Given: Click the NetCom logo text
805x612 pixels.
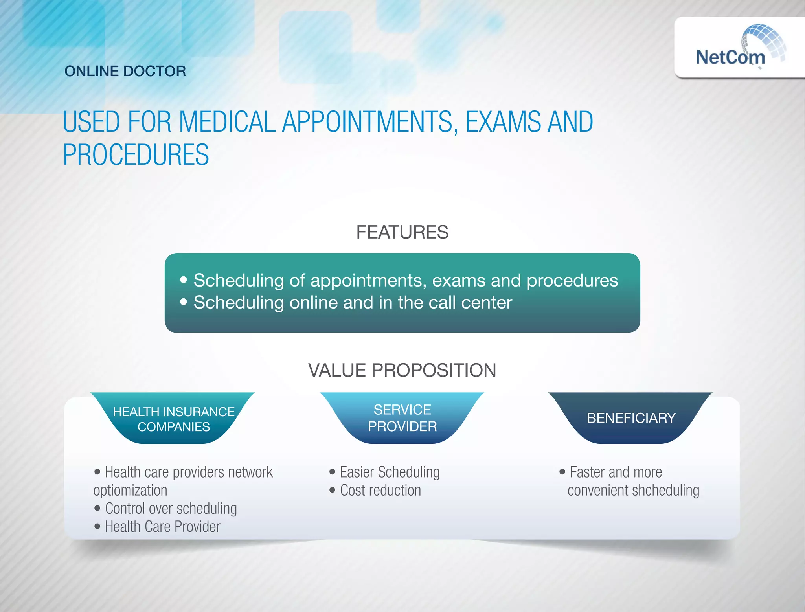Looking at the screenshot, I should click(730, 57).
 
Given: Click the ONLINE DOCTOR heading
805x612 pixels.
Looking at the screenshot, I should click(125, 71).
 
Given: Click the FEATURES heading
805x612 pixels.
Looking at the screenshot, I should click(402, 232).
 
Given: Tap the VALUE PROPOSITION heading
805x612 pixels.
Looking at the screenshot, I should click(402, 370).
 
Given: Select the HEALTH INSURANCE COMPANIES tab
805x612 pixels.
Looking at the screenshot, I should click(173, 419).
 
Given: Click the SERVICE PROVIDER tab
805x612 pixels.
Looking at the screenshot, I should click(402, 418).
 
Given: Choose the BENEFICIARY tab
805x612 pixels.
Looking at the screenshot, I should click(631, 418).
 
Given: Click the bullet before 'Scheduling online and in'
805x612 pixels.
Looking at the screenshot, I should click(184, 302).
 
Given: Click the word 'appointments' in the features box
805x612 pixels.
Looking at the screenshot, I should click(368, 281).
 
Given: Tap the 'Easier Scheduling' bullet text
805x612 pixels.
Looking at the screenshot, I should click(390, 472).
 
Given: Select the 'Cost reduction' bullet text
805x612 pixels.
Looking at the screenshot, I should click(380, 491).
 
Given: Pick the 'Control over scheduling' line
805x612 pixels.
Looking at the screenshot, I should click(171, 509).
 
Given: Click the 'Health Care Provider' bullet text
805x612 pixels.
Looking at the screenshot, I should click(162, 527).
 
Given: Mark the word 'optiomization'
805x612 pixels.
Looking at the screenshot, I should click(130, 491).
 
